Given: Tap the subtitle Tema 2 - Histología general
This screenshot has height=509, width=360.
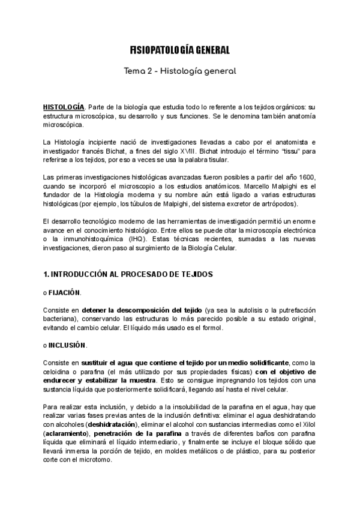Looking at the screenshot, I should tap(179, 71).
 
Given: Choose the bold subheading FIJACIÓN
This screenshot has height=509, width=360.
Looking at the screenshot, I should tap(64, 292).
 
